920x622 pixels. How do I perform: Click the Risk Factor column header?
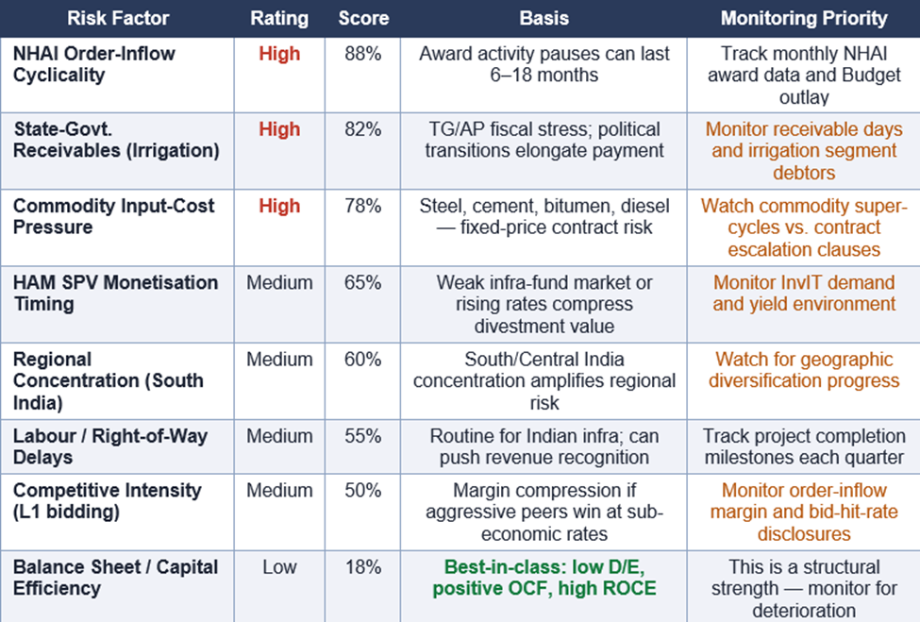pos(118,18)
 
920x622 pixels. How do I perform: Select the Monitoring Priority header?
pos(804,18)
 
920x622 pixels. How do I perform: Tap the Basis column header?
pos(544,18)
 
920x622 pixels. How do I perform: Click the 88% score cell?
pos(362,54)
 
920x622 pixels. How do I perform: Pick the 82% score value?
pos(362,129)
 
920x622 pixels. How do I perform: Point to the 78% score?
pos(362,206)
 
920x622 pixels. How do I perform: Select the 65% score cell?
pos(362,282)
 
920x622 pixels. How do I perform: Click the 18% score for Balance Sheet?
pos(362,567)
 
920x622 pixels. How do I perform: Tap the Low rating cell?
pos(279,567)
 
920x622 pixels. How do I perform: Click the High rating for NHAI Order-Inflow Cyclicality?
pos(279,54)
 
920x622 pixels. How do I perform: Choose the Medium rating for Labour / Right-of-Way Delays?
pos(279,436)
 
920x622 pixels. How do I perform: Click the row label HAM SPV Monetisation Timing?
pos(115,293)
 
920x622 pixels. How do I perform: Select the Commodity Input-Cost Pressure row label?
pos(114,216)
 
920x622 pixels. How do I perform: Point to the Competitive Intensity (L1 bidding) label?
pos(107,500)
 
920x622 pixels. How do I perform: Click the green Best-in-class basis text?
pos(544,578)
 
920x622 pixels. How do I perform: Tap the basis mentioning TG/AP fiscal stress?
pos(544,140)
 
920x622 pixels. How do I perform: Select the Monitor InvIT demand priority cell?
pos(804,293)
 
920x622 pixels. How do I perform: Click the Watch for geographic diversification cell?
pos(804,370)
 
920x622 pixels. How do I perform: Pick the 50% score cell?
pos(362,490)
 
